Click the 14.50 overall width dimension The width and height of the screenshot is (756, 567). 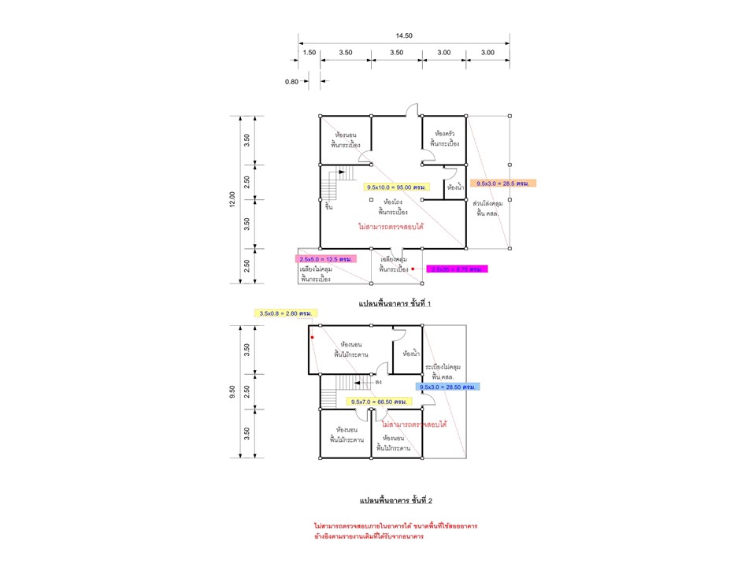[x=403, y=36]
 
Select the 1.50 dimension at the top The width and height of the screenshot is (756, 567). [x=309, y=52]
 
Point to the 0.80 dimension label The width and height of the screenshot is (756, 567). [x=292, y=80]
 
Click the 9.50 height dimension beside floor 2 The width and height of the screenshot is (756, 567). [x=232, y=391]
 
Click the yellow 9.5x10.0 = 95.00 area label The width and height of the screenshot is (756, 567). [x=397, y=187]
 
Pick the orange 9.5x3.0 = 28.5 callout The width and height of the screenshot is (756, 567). [x=503, y=183]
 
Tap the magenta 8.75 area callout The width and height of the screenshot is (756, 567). [x=458, y=269]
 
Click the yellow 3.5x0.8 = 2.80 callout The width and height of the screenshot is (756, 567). [x=287, y=313]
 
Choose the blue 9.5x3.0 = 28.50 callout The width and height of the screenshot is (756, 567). [x=447, y=387]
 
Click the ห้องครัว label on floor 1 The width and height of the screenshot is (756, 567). [x=445, y=134]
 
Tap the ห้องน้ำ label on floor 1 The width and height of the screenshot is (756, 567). [x=455, y=188]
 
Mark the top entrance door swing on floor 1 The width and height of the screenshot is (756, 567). [x=413, y=110]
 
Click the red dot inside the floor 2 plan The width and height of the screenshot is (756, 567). [x=312, y=337]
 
